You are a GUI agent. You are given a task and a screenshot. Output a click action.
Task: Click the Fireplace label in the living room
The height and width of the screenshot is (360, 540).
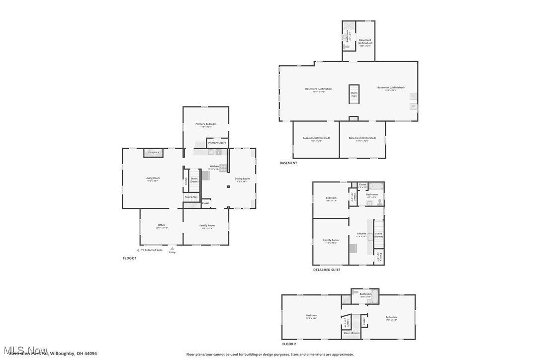pos(154,152)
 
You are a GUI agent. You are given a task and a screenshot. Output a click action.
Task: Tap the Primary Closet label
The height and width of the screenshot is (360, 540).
pos(217,143)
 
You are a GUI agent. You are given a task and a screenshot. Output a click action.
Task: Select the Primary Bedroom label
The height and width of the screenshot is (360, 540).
pos(206,124)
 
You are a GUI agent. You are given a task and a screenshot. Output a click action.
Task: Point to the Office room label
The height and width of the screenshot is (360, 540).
pos(162,225)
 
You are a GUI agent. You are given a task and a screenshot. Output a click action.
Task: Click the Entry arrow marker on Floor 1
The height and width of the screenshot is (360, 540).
pos(172,248)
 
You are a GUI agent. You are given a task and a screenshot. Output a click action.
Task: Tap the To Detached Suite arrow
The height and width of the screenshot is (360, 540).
pos(138,250)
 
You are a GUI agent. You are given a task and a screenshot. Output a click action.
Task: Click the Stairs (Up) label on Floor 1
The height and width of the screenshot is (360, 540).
pos(191,197)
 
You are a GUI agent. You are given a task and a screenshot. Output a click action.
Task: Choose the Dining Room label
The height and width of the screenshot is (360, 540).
pos(242,179)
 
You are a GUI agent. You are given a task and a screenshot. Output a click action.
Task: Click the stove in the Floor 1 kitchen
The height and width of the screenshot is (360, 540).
pos(223,168)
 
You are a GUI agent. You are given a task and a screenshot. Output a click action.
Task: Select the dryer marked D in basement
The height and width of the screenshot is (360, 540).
pos(413,96)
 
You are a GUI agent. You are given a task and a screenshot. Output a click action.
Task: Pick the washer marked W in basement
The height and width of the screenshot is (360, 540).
pos(413,106)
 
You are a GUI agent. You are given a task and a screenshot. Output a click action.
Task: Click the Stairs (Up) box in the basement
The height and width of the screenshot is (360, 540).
pos(354,94)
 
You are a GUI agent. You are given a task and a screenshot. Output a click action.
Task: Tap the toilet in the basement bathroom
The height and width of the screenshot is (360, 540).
pos(346,47)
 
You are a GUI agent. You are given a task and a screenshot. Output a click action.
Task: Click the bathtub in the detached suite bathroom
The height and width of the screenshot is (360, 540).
pos(375,186)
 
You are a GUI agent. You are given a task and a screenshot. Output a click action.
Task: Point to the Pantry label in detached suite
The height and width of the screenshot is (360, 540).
pos(379,256)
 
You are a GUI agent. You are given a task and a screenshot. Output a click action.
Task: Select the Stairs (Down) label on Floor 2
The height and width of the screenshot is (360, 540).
pos(351,333)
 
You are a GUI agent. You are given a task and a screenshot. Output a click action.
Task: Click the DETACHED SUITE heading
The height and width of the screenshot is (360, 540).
pos(327,270)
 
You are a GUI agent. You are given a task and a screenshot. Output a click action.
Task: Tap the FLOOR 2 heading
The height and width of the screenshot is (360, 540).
pos(289,344)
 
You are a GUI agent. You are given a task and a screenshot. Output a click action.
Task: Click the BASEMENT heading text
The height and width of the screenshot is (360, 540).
pos(288,163)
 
